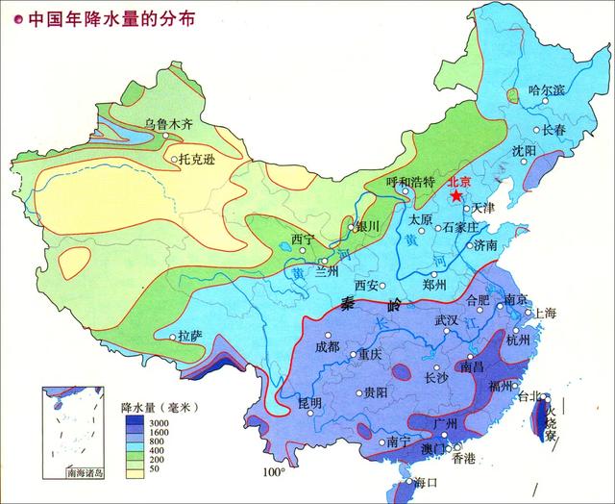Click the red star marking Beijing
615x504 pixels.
click(456, 193)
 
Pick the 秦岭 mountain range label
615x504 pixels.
click(368, 305)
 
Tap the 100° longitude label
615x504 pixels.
click(275, 472)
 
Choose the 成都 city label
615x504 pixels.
click(327, 345)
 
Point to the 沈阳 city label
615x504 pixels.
click(524, 150)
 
